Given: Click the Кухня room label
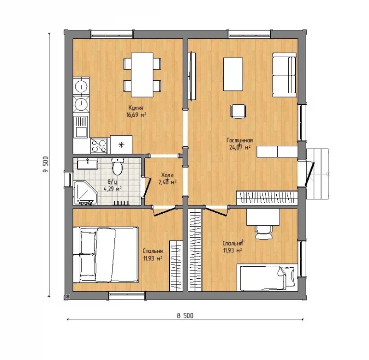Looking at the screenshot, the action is (136, 108).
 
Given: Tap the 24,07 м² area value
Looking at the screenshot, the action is (240, 148).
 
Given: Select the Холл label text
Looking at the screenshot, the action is (167, 175).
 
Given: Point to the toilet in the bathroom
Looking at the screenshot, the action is (117, 166).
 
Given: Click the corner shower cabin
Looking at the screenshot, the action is (85, 192).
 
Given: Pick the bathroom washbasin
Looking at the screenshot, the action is (88, 164).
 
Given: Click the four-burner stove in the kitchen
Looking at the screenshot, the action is (99, 146).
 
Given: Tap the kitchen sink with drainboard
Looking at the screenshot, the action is (81, 127).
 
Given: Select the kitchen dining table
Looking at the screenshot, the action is (142, 75).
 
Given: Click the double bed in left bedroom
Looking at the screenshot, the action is (106, 255).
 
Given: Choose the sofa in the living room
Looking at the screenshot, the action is (284, 75).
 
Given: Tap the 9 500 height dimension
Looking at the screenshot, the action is (46, 164).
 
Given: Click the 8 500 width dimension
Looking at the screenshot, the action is (185, 316).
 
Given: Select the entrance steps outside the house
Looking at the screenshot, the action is (317, 174).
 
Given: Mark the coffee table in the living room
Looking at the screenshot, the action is (233, 74).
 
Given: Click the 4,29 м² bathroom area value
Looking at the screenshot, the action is (113, 189).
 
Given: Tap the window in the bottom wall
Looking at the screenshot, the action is (127, 295).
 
